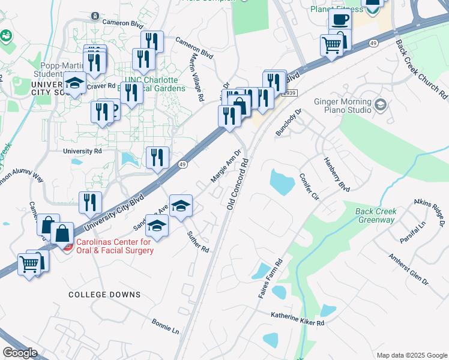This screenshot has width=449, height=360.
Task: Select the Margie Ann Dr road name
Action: point(226,166)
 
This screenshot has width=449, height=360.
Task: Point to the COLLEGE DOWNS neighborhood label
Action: point(104,295)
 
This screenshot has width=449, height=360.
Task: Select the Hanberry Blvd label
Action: point(336,175)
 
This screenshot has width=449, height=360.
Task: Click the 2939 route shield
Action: point(289,92)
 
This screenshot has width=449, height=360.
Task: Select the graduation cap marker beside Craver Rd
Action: point(75,83)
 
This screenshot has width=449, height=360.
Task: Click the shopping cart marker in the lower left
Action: point(29,263)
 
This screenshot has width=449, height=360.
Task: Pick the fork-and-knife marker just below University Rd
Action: point(157,157)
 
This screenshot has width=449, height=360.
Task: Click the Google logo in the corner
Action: point(20,352)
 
